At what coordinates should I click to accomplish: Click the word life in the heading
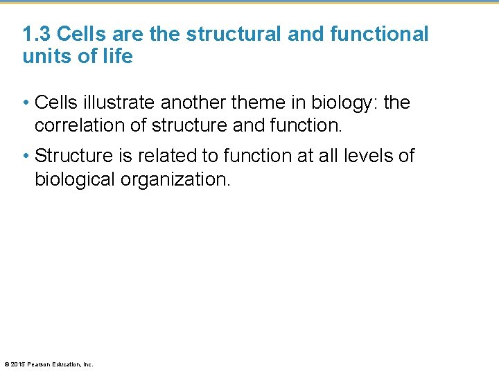(x=117, y=57)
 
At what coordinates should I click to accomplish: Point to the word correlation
(x=76, y=126)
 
